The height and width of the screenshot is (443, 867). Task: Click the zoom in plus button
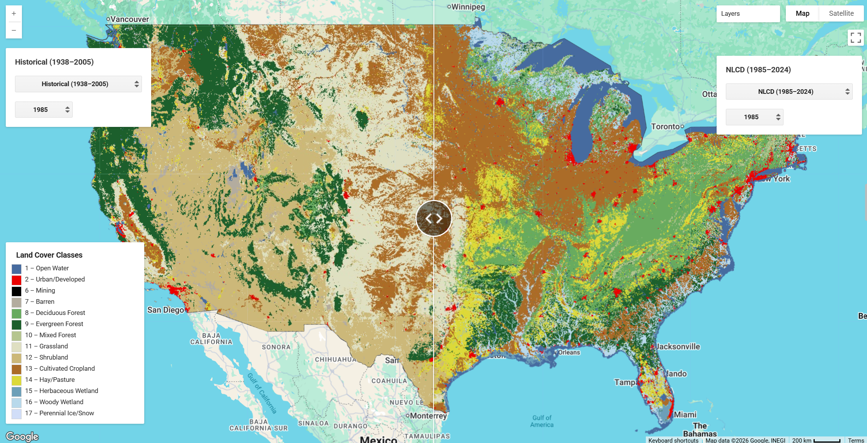[14, 13]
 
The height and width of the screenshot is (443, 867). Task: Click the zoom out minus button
[14, 30]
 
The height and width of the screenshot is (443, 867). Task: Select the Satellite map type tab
[841, 13]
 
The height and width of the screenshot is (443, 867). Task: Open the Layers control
[748, 13]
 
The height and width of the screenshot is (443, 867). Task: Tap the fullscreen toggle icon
[855, 38]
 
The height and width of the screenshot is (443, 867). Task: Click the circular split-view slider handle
[433, 218]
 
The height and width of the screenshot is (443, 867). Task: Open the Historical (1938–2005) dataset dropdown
[78, 84]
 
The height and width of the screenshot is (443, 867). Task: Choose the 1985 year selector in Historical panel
[44, 110]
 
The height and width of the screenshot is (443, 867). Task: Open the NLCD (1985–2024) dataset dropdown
[789, 92]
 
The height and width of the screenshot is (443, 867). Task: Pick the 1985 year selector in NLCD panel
[754, 117]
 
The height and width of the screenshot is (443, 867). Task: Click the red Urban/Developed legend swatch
[17, 280]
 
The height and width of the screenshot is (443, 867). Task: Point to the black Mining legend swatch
[17, 291]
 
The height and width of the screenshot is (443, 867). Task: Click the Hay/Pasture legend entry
[57, 380]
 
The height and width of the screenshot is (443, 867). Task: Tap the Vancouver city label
[129, 19]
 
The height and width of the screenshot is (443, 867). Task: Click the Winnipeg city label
[468, 7]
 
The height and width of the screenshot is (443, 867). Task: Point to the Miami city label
[685, 415]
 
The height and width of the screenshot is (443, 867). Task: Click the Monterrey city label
[428, 416]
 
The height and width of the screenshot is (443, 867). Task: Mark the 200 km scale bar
[827, 441]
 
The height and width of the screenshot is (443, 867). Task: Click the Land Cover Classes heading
[49, 255]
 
